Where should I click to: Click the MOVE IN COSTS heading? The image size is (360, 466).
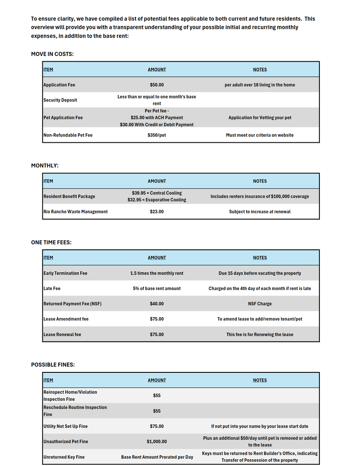pos(52,54)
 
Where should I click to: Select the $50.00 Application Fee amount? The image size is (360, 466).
pos(157,85)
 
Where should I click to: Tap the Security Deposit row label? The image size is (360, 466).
pos(60,100)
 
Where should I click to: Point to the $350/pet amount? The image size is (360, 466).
pos(157,135)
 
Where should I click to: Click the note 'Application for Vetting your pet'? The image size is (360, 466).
pos(260,118)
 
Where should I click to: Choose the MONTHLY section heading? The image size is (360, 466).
pos(45,166)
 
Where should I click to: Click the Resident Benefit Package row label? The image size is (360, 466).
pos(69,196)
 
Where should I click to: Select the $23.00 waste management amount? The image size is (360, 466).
pos(157,212)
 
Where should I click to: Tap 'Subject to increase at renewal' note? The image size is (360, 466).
pos(260,212)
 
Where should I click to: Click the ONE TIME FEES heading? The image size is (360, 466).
pos(51,242)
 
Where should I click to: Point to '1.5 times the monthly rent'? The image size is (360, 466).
pos(157,273)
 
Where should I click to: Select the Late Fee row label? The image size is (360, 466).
pos(52,288)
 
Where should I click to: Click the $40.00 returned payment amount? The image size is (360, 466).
pos(157,304)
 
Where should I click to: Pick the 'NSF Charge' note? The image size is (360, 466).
pos(260,304)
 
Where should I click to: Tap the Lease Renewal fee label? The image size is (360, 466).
pos(62,334)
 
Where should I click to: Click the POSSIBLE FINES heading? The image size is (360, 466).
pos(53,365)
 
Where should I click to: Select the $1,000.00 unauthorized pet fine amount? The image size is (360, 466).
pos(157,441)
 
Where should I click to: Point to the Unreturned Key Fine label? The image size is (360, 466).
pos(64,457)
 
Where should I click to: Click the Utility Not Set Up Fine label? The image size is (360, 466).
pos(66,426)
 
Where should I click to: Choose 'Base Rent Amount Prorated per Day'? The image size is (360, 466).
pos(157,457)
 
